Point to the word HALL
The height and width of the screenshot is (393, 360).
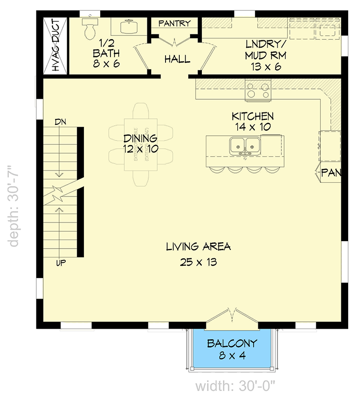[177, 59]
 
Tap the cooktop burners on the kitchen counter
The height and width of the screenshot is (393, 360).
[258, 90]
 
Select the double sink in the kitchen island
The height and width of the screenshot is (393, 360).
[245, 146]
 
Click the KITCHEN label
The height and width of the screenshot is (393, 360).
[253, 116]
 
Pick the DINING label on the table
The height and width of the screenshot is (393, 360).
[140, 139]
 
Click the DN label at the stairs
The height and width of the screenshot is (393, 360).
[60, 121]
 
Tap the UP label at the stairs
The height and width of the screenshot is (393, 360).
[61, 264]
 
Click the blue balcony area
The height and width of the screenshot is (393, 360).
[231, 350]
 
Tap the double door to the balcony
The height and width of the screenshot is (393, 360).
[231, 317]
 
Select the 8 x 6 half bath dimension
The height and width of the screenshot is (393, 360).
[106, 64]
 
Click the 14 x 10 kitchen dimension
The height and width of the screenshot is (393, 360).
[253, 127]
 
